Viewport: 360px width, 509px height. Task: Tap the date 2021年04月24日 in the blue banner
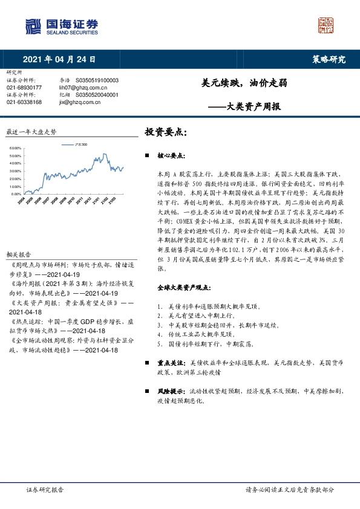tap(59, 59)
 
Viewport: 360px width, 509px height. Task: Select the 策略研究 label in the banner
tap(329, 59)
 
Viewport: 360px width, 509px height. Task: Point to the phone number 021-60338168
tap(24, 102)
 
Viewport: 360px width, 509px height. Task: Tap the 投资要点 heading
tap(166, 131)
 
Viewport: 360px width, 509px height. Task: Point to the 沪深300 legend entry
tap(76, 145)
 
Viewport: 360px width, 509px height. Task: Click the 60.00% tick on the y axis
tap(16, 148)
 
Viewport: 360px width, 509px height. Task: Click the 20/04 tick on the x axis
tap(21, 200)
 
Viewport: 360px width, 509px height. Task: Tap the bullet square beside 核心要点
tap(148, 155)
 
